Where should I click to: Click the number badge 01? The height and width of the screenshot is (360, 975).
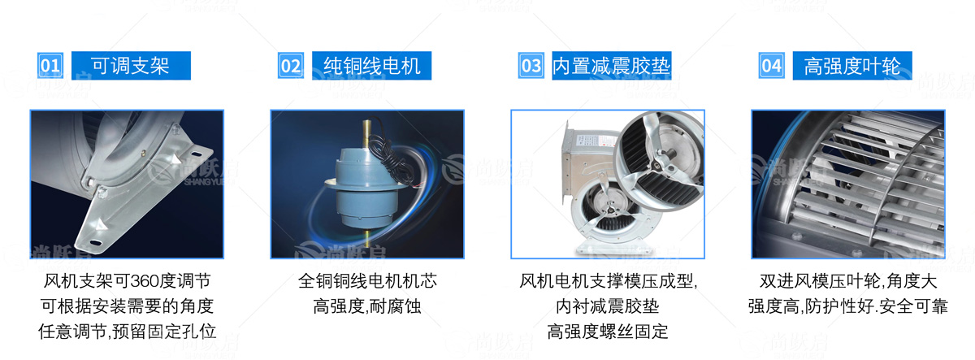pyautogui.click(x=50, y=66)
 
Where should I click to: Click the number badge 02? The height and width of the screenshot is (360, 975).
pyautogui.click(x=291, y=66)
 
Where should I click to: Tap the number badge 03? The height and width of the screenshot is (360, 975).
pyautogui.click(x=531, y=66)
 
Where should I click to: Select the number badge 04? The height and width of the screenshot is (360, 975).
pyautogui.click(x=772, y=66)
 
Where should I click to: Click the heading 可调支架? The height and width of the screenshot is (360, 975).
pyautogui.click(x=131, y=66)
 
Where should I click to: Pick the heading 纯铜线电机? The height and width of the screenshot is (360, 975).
pyautogui.click(x=372, y=66)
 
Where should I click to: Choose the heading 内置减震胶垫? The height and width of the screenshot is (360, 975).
pyautogui.click(x=612, y=66)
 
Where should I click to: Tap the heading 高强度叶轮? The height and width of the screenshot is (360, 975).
pyautogui.click(x=852, y=66)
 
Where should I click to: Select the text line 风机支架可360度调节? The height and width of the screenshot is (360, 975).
pyautogui.click(x=127, y=281)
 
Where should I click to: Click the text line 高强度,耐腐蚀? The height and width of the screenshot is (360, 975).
pyautogui.click(x=367, y=306)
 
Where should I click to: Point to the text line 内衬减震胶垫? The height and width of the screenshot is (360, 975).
pyautogui.click(x=608, y=306)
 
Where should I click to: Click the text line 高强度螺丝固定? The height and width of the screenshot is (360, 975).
pyautogui.click(x=608, y=332)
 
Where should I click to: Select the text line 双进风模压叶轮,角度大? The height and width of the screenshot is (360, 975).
pyautogui.click(x=848, y=281)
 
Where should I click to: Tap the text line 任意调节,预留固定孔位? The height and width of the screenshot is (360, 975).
pyautogui.click(x=127, y=332)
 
